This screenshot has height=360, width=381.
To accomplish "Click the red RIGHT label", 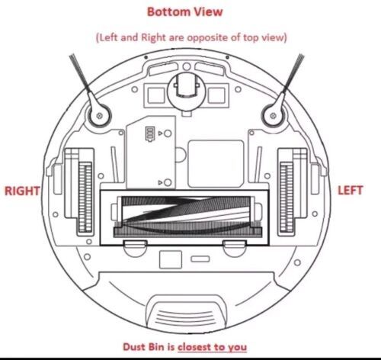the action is [x=22, y=191].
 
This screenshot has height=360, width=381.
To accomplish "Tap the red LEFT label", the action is [x=350, y=191].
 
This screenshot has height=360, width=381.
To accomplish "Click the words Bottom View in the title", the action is [x=185, y=12].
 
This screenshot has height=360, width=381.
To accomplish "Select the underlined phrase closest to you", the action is [x=212, y=347].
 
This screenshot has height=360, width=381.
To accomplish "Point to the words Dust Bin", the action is [x=143, y=347].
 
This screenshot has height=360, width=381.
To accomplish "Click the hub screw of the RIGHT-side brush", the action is [x=99, y=116].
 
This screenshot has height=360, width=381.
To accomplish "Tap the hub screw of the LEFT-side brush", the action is [x=273, y=116].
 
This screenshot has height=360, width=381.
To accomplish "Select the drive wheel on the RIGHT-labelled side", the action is [x=85, y=198].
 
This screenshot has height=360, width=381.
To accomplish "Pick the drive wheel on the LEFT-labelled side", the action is [x=287, y=198].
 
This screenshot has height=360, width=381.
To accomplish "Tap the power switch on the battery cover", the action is [x=149, y=134].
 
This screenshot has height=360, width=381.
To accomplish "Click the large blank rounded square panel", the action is [x=216, y=164].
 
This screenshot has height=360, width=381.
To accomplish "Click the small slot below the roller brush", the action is [x=200, y=259].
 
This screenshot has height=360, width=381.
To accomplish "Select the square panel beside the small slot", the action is [x=171, y=259].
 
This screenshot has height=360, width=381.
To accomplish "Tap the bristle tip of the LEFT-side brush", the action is [x=301, y=56].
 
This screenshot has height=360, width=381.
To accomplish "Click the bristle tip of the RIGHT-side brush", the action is [x=72, y=57].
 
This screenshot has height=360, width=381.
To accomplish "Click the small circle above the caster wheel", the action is [x=187, y=66].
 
